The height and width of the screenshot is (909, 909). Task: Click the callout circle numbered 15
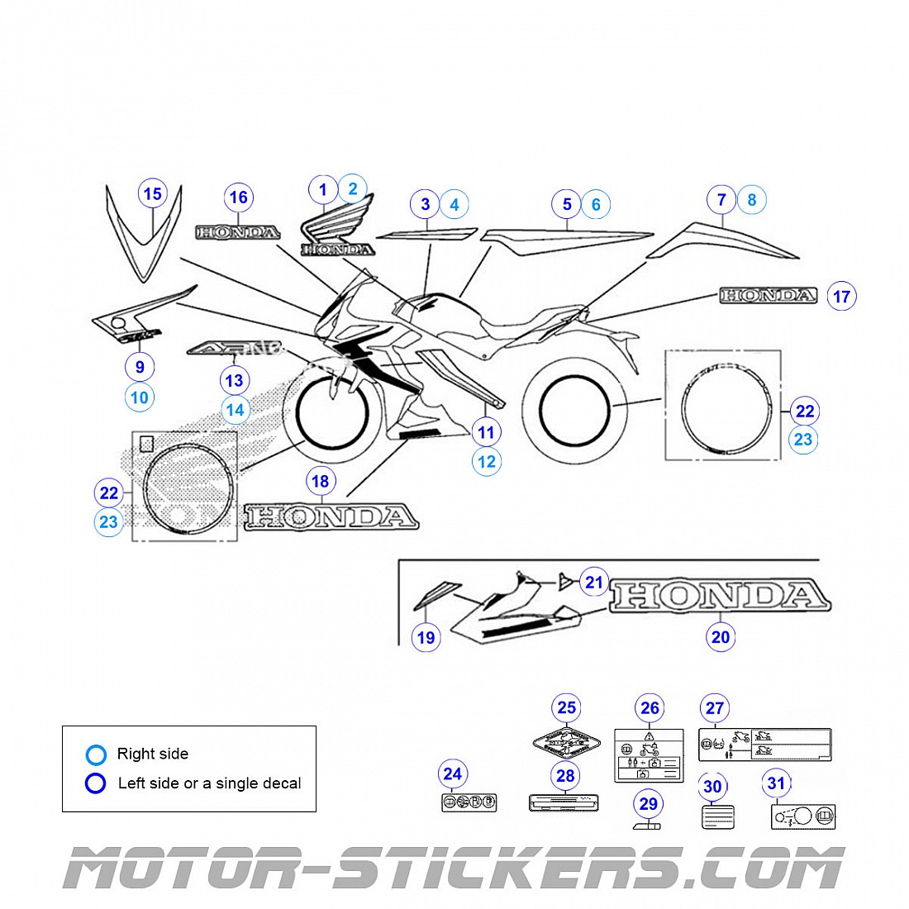152,194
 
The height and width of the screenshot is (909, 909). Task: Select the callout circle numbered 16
238,198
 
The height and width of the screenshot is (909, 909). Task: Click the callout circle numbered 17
841,297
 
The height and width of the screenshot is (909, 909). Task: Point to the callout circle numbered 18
320,481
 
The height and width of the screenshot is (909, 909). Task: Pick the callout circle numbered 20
721,636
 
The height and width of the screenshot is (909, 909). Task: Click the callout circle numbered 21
594,583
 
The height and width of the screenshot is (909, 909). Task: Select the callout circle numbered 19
426,637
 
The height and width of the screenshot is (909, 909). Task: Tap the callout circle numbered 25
566,707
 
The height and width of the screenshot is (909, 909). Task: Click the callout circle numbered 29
649,804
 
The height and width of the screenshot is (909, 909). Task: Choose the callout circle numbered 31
776,783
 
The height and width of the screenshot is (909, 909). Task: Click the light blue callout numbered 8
751,200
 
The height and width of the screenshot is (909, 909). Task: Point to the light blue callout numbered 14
236,410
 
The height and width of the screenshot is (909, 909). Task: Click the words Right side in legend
153,754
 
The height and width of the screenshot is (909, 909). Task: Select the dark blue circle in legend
96,783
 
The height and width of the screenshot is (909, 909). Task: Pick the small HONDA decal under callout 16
237,233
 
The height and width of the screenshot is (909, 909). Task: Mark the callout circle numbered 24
452,774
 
